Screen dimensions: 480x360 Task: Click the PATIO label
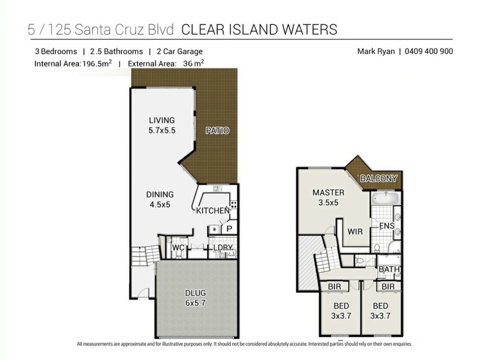click(217, 130)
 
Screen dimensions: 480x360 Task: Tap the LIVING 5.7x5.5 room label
click(162, 125)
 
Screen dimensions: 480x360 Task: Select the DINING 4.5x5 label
click(160, 199)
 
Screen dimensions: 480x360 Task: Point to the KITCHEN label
click(212, 210)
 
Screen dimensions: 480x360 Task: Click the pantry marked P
click(229, 229)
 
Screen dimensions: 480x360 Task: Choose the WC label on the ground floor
click(178, 248)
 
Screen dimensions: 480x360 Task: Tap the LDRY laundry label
click(223, 248)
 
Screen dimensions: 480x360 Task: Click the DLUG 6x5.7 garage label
click(195, 298)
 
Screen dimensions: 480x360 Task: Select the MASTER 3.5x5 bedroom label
click(328, 197)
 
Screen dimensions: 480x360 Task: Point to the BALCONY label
click(378, 178)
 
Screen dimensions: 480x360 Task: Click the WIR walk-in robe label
click(355, 232)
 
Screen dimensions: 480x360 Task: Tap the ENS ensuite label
click(387, 226)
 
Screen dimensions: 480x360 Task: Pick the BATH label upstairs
click(389, 269)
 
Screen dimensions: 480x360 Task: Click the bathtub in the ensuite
click(386, 198)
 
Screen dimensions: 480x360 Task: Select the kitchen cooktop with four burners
click(234, 205)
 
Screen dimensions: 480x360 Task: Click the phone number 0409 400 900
click(429, 51)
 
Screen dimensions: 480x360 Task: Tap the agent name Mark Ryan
click(376, 52)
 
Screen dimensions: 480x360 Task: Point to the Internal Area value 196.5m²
click(97, 63)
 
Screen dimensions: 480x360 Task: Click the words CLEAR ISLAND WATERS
click(259, 30)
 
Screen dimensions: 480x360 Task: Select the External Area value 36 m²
click(194, 63)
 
